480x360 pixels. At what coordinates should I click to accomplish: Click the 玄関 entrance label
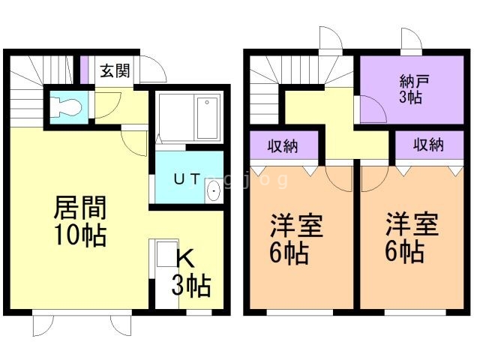pyautogui.click(x=115, y=71)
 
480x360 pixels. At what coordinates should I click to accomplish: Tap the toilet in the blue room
pyautogui.click(x=67, y=106)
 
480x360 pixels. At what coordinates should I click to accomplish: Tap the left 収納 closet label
pyautogui.click(x=283, y=145)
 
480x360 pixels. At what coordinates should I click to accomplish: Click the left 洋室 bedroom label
pyautogui.click(x=296, y=226)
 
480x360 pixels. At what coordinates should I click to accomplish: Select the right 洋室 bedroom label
pyautogui.click(x=412, y=226)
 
